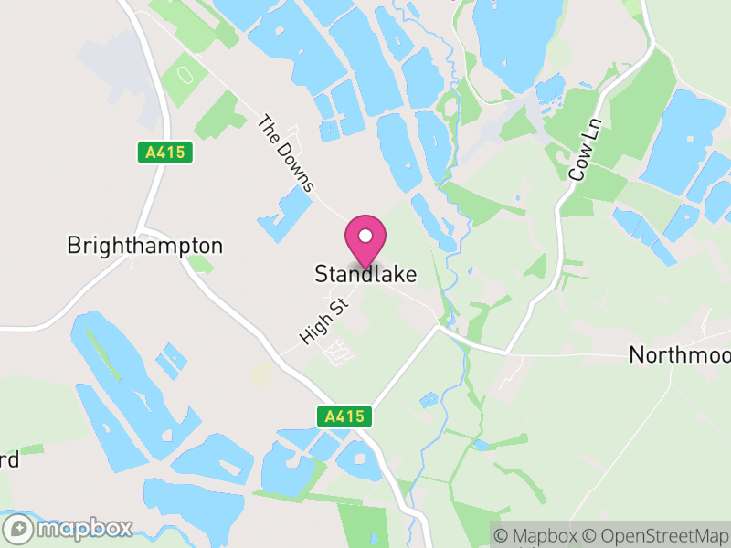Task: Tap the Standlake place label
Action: [365, 274]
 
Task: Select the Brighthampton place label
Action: [144, 246]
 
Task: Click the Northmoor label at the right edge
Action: [680, 355]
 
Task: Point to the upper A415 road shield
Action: [166, 153]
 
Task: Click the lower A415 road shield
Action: [347, 417]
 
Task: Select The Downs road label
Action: [286, 153]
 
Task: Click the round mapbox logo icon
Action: [18, 529]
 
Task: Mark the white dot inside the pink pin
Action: [365, 236]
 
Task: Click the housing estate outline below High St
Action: [340, 352]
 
